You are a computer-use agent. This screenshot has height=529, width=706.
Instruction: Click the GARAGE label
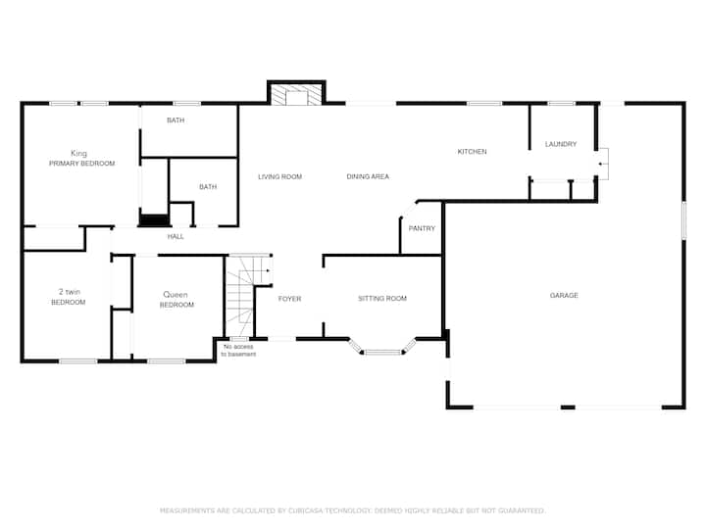pos(564,296)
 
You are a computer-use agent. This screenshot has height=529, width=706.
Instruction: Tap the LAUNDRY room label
pos(561,144)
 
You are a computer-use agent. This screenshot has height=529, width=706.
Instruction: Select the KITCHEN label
pos(472,152)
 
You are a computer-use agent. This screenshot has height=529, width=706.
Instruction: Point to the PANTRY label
pos(422,228)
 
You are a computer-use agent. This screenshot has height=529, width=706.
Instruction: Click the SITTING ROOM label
pos(382,298)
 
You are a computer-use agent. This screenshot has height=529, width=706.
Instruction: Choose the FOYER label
pos(289,299)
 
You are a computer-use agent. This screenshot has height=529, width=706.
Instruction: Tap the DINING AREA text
pos(368,176)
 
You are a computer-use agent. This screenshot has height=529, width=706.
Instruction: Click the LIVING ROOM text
pos(279,176)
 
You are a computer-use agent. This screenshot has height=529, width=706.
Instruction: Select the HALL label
pos(176,237)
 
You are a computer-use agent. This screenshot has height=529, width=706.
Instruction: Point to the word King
pos(78,154)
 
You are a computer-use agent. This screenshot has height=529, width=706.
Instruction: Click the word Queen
pos(176,295)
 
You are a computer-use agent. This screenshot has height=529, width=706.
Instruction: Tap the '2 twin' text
pos(70,292)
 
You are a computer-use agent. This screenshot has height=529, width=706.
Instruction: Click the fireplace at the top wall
pos(296,94)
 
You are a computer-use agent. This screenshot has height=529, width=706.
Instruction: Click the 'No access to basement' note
pos(238,351)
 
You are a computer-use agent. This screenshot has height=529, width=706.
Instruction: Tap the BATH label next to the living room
pos(208,187)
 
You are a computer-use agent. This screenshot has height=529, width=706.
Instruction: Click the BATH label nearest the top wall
pos(176,120)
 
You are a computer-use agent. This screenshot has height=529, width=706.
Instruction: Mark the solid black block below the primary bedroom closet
pos(154,220)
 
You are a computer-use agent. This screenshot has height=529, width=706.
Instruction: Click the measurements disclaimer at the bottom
pos(353,510)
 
